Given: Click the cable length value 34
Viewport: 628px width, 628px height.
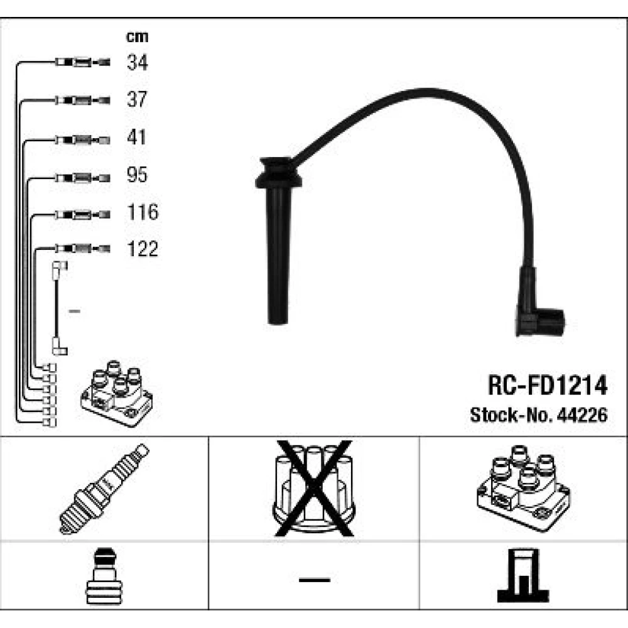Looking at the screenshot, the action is click(138, 62).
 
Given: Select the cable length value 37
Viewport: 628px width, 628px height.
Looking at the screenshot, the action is click(137, 99).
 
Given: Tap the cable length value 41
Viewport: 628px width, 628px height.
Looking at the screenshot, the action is click(136, 137).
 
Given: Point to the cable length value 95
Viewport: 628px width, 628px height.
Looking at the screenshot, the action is click(137, 175).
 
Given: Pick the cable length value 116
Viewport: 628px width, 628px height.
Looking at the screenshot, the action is click(143, 212).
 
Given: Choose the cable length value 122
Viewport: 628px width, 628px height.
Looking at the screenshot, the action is click(143, 249).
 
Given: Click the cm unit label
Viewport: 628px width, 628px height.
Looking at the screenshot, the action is click(137, 36).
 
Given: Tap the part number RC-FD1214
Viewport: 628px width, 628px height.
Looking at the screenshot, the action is click(548, 386).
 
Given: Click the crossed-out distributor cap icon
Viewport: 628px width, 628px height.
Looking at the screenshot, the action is click(314, 489).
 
